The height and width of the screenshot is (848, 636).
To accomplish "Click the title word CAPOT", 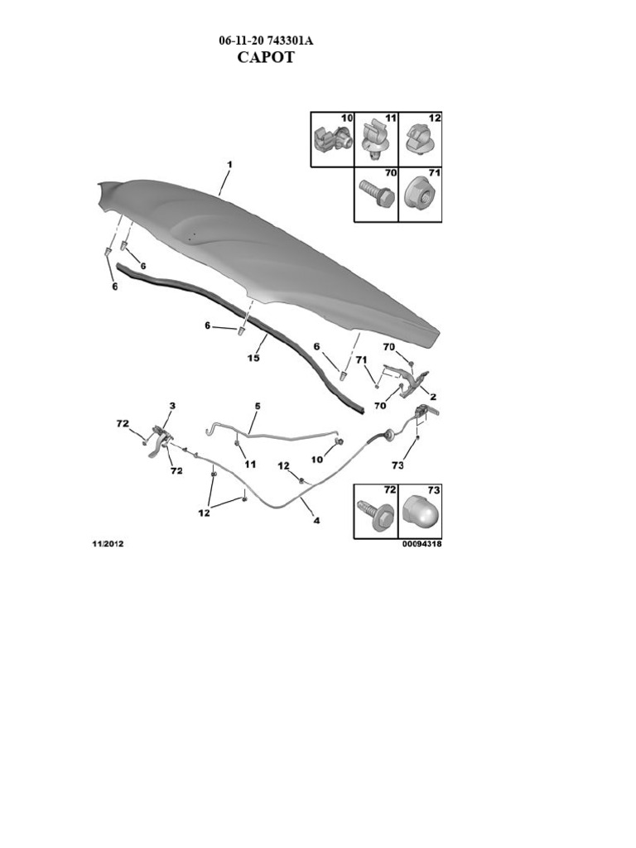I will click(266, 58).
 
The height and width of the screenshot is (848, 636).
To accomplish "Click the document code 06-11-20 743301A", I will click(266, 41).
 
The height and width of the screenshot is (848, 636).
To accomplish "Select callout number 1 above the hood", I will click(229, 165).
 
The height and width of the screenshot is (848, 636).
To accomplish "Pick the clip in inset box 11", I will click(375, 141).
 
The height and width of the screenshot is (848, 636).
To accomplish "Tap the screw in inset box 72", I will click(373, 515).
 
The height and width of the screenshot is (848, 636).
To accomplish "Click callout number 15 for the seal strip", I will click(253, 359).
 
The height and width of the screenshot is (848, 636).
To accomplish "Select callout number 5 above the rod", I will click(258, 406).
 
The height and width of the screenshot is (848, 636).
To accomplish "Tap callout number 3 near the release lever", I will click(172, 406).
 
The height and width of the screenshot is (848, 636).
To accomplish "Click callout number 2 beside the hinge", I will click(432, 397).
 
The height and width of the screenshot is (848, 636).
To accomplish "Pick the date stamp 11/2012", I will click(108, 544).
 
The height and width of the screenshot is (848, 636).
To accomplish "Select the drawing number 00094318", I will click(422, 544).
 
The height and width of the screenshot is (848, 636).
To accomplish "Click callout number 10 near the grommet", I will click(317, 459).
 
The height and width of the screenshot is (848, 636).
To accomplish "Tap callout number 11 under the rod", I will click(249, 465).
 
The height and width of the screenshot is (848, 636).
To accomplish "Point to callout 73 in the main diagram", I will click(397, 465).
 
